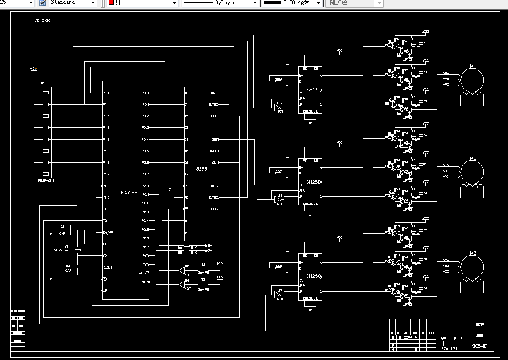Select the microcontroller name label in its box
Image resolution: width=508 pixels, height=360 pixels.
tap(129, 193)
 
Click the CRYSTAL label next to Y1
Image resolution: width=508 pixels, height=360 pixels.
tap(61, 250)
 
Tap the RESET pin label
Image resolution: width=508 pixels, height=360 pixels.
tap(108, 267)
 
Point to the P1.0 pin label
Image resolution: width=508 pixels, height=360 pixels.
tap(106, 93)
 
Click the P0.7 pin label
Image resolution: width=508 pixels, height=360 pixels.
tap(145, 174)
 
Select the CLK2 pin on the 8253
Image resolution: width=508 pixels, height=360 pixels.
tap(214, 209)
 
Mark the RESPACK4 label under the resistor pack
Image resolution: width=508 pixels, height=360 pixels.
tap(46, 180)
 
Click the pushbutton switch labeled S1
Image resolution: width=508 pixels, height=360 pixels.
tap(203, 268)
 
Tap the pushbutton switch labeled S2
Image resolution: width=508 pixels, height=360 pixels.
tap(203, 283)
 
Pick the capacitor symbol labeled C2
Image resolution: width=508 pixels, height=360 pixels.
tap(71, 229)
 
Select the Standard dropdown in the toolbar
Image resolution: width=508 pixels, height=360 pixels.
tap(73, 3)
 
